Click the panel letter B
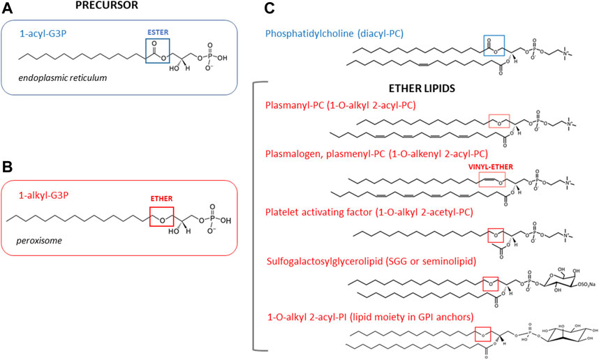[x=6, y=168]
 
